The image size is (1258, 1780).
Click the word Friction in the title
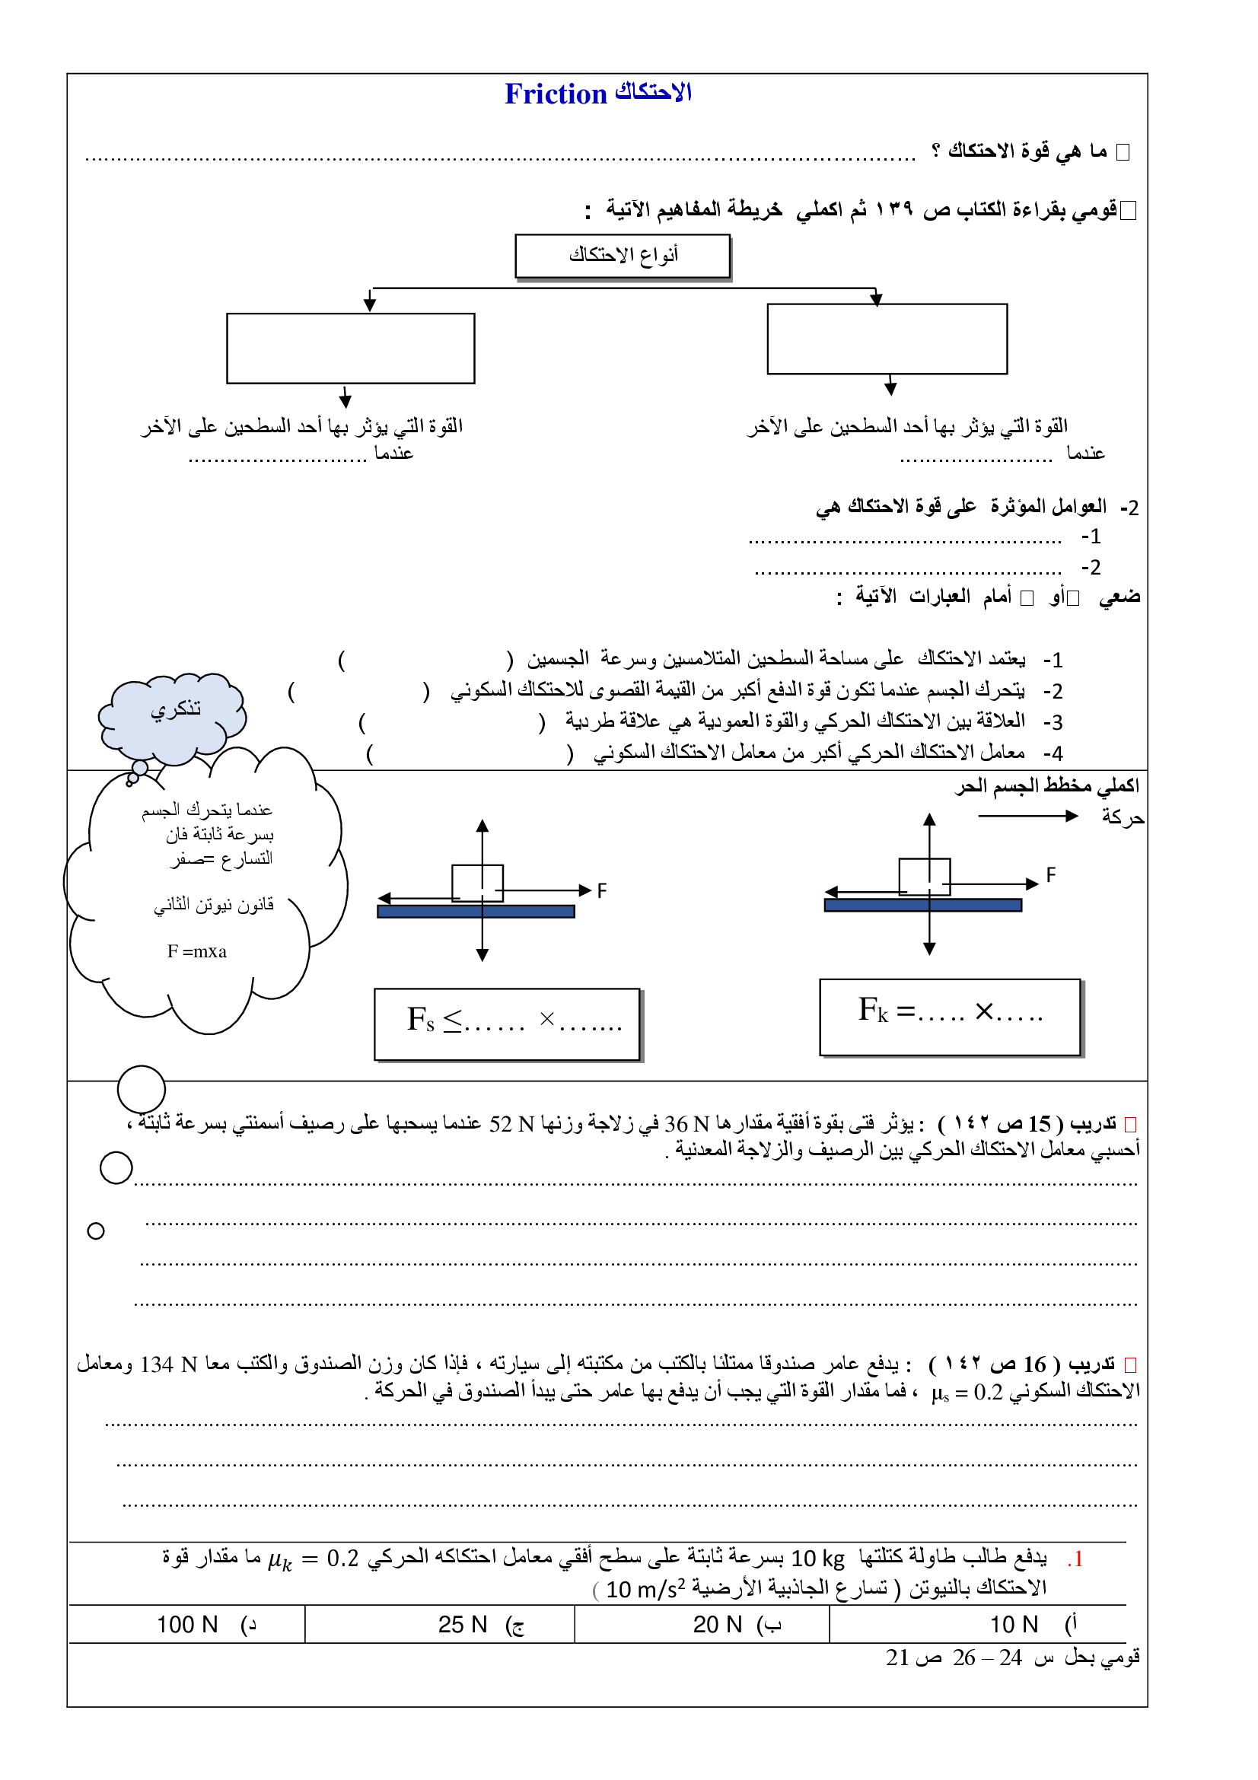(x=555, y=94)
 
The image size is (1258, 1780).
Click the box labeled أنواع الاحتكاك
(x=623, y=255)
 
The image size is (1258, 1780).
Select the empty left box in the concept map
(x=350, y=348)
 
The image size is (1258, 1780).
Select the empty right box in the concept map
(x=887, y=339)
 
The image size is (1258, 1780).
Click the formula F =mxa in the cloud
(x=197, y=951)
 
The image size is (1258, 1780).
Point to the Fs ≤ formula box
(x=507, y=1024)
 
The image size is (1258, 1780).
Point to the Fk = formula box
(x=950, y=1017)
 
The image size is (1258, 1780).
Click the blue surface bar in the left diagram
(x=476, y=912)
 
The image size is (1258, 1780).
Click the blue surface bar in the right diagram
(x=922, y=905)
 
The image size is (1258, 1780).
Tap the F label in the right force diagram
(x=1050, y=874)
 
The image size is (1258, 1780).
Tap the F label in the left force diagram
(x=601, y=890)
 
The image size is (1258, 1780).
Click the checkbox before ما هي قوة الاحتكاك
(x=1123, y=152)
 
